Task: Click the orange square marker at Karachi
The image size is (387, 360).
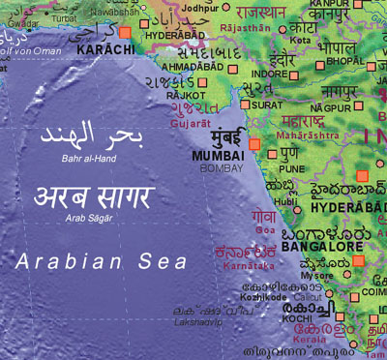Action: tap(124, 33)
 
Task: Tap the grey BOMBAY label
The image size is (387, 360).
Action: tap(222, 168)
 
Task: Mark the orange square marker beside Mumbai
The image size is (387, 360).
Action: tap(254, 143)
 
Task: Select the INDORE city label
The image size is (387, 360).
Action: tap(269, 74)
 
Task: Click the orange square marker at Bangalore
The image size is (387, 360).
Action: tap(358, 260)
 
